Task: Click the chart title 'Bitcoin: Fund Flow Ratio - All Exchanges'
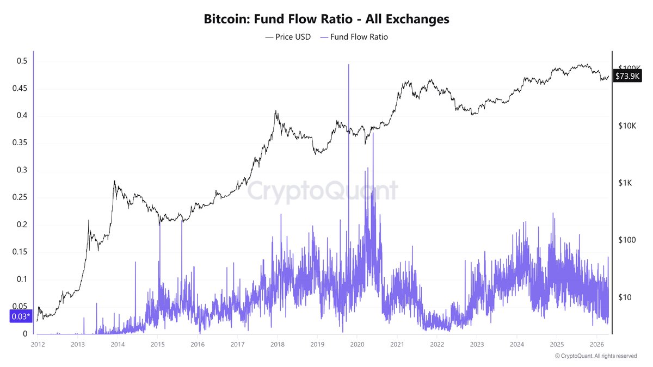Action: (326, 19)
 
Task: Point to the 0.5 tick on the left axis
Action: (21, 61)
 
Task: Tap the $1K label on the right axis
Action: (627, 183)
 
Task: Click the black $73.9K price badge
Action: (627, 76)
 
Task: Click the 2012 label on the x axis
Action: (38, 344)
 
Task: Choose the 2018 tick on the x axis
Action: (277, 344)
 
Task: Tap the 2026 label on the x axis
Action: (597, 344)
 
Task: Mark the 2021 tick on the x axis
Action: (397, 344)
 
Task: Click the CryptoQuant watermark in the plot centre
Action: (323, 191)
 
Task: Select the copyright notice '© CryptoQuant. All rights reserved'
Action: (595, 356)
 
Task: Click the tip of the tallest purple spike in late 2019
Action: (348, 64)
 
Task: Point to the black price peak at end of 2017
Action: (276, 111)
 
